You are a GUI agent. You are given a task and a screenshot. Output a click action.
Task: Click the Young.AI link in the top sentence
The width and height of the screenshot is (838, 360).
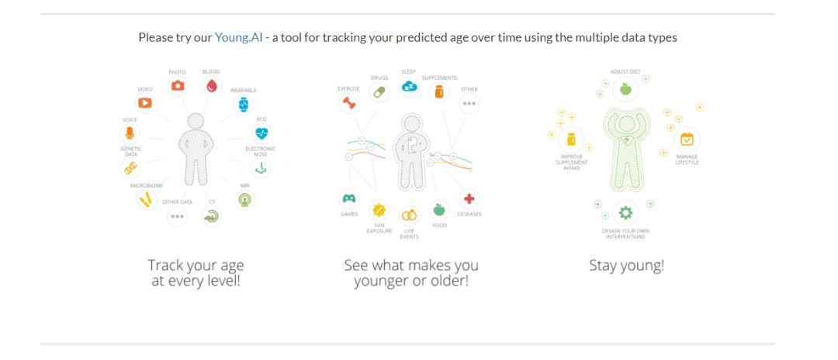(x=238, y=38)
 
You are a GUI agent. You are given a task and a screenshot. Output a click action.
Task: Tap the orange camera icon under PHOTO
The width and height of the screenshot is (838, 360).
(x=178, y=85)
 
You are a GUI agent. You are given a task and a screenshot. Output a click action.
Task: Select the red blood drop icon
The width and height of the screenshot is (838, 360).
(x=212, y=85)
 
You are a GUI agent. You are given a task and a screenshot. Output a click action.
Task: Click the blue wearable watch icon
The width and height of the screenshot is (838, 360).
(x=244, y=104)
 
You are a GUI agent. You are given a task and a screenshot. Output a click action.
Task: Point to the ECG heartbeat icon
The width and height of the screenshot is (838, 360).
(x=261, y=133)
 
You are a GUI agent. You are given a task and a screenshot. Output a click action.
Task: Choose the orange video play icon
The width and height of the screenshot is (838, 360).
(x=145, y=102)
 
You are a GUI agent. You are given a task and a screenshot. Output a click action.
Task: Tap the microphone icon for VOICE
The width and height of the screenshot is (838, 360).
(x=130, y=133)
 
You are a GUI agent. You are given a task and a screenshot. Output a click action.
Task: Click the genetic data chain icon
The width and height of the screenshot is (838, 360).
(x=130, y=168)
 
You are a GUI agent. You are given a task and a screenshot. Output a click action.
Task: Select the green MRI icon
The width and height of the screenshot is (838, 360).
(x=244, y=199)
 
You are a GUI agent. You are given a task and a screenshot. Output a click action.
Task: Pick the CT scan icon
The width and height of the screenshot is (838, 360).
(x=212, y=216)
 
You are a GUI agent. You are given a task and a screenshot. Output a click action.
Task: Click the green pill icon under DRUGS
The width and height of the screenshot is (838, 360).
(x=379, y=92)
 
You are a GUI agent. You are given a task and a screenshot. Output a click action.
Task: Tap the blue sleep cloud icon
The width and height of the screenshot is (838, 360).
(x=410, y=85)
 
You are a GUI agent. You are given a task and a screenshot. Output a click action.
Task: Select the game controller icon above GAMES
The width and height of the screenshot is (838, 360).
(x=348, y=199)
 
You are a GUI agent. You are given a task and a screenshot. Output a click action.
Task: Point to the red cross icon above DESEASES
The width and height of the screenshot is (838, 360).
(x=469, y=199)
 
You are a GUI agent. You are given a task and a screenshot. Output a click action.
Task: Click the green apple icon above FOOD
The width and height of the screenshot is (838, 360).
(x=439, y=209)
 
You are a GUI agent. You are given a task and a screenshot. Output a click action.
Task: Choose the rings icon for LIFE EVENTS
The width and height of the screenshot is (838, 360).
(x=410, y=215)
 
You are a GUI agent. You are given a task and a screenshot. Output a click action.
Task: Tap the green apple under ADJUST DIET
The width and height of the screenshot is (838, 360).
(x=625, y=88)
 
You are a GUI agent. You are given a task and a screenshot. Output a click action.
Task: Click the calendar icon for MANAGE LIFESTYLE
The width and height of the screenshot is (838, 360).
(x=686, y=140)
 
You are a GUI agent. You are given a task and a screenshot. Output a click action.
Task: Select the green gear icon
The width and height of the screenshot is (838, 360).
(x=625, y=213)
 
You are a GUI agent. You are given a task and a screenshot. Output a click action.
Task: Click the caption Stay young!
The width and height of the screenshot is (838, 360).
(x=626, y=265)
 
